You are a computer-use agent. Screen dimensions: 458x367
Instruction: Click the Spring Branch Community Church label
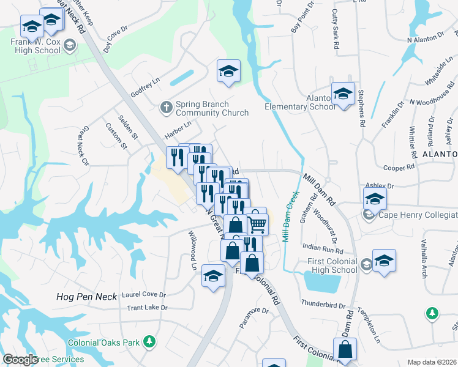pos(212,108)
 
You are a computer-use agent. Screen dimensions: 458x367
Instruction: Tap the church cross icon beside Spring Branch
pos(165,108)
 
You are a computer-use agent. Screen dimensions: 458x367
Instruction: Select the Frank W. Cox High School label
pos(35,46)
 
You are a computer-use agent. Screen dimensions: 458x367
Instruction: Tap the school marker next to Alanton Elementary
pos(343,94)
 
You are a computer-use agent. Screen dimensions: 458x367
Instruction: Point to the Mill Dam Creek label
pos(287,217)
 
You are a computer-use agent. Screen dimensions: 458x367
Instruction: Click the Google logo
pos(21,360)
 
